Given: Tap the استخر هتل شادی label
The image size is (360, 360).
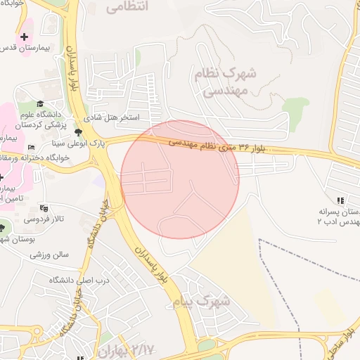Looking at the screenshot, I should pos(112,117).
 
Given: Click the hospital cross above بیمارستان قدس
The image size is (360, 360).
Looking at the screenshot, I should pos(25,37).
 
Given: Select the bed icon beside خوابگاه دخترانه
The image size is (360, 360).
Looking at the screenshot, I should pos(30,147).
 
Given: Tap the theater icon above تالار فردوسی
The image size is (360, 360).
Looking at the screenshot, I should pos(44,208).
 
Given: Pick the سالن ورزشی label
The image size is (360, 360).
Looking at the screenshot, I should pos(49,255).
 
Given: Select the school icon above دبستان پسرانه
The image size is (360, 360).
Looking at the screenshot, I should pos(341,200).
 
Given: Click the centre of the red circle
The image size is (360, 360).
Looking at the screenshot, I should pos(180,179).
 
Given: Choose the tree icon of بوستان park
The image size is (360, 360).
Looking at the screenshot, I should pos(4,230).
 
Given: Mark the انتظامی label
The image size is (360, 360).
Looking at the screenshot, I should pos(128,8).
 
